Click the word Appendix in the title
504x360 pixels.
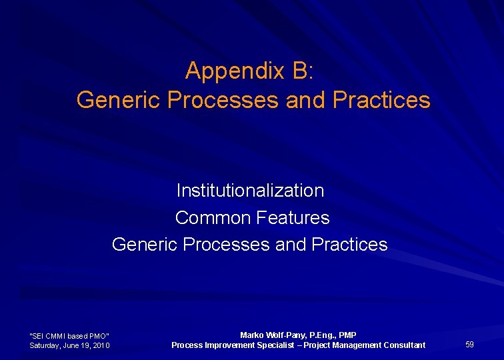click(228, 70)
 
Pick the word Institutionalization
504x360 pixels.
click(250, 191)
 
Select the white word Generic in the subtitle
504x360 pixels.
click(145, 245)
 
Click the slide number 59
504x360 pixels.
click(469, 344)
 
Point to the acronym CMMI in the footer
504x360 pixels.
click(55, 335)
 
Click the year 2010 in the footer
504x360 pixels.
click(101, 345)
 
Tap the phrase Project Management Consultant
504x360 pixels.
click(365, 345)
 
